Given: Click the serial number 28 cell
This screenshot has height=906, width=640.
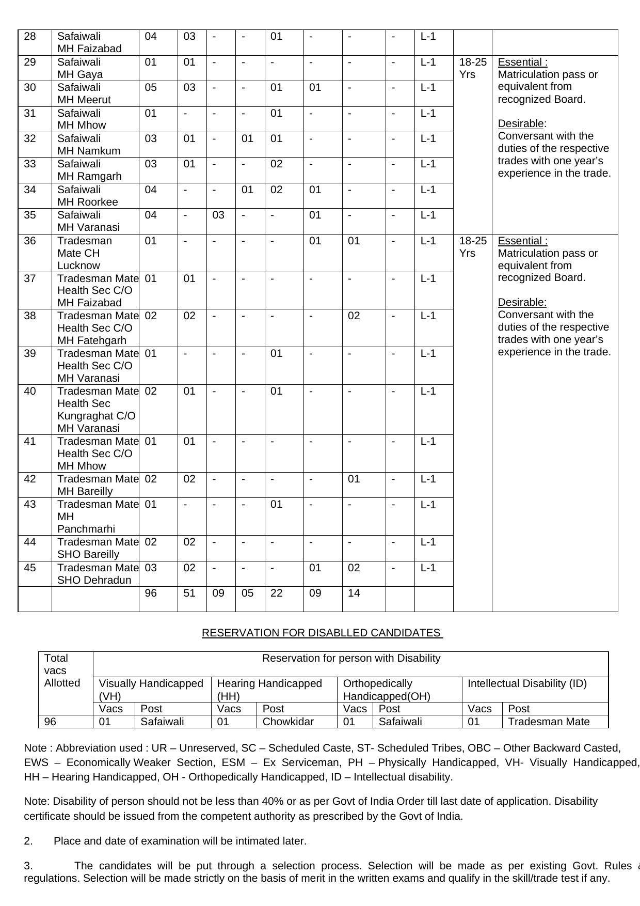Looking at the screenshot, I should click(x=30, y=36).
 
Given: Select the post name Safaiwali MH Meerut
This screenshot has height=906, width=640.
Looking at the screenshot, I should click(x=84, y=93).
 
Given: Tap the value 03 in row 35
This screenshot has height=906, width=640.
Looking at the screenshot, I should click(x=218, y=215).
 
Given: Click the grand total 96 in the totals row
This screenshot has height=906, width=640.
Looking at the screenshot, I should click(x=151, y=593).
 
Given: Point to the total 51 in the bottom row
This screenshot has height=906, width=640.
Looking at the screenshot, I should click(x=189, y=593).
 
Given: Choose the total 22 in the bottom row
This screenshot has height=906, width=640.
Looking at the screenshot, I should click(x=277, y=593).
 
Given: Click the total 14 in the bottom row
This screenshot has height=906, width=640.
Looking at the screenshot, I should click(x=354, y=593).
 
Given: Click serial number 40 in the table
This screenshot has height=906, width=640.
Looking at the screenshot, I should click(x=30, y=391).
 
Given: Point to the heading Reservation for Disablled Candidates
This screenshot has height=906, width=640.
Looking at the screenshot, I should click(x=322, y=633).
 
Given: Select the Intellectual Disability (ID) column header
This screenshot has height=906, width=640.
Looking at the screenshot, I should click(x=527, y=683).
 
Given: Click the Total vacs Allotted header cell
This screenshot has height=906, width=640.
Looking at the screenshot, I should click(x=62, y=670).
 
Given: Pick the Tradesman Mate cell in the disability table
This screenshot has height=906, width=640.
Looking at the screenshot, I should click(x=549, y=722).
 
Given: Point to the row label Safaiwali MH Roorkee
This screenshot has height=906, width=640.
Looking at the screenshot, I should click(x=87, y=195).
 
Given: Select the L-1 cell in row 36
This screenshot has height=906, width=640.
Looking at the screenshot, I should click(x=428, y=241).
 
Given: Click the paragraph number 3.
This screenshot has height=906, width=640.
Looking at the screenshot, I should click(x=28, y=866).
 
